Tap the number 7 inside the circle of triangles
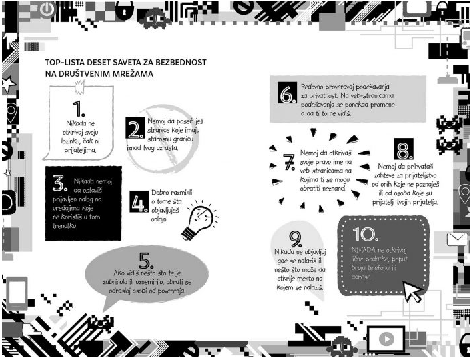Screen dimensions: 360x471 coord(289,162)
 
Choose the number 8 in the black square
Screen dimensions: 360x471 coord(405,149)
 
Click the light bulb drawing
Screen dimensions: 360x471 coord(198,220)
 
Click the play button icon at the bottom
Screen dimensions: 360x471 coord(385,339)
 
